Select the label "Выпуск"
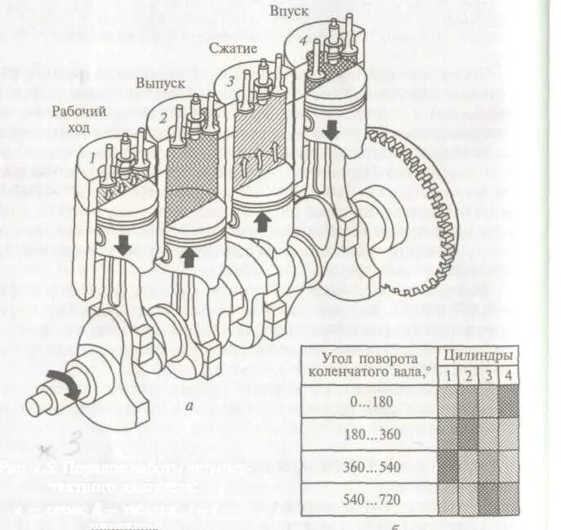point(160,83)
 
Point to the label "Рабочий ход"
point(79,120)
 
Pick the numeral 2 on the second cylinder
point(163,119)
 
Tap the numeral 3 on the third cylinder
point(231,81)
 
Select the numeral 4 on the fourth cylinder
point(303,41)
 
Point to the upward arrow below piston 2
point(189,257)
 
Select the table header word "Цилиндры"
point(479,357)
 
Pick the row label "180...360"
point(372,434)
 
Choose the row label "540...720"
point(372,499)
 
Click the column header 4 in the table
point(507,375)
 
